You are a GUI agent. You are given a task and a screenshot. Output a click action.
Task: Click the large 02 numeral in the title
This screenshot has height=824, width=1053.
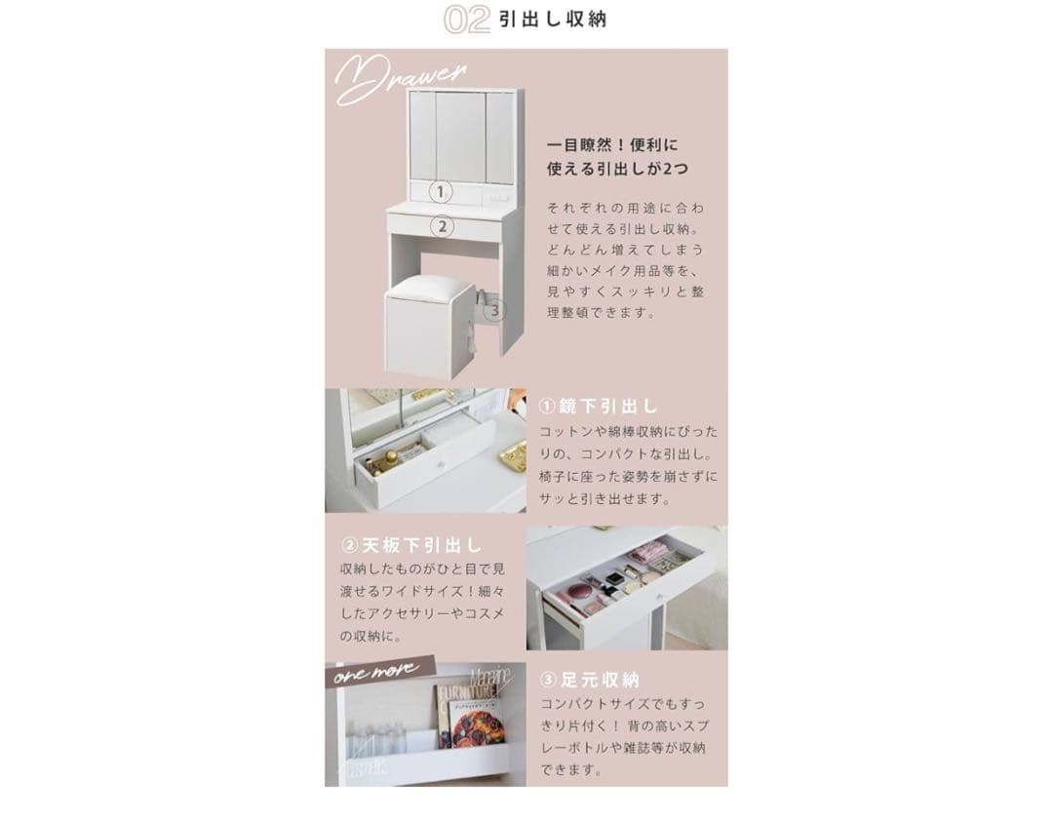[466, 20]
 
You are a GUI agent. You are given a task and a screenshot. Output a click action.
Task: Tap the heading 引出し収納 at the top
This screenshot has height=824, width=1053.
[552, 20]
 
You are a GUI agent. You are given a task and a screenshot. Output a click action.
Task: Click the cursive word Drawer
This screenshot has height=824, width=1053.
[401, 80]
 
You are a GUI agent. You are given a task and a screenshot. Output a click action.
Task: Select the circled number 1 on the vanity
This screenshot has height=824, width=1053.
[441, 192]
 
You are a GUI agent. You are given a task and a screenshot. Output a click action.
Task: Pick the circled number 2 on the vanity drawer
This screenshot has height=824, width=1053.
[442, 226]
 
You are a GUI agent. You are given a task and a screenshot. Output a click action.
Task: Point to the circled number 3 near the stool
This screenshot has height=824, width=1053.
[494, 310]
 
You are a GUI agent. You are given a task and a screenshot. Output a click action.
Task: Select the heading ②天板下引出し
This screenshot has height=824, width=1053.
[410, 544]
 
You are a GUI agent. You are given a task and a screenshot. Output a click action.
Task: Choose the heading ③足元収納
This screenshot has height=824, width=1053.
[589, 680]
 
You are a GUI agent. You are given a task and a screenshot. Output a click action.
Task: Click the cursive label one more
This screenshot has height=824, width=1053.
[376, 672]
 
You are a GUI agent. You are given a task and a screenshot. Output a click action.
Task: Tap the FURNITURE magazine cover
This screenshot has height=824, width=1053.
[468, 717]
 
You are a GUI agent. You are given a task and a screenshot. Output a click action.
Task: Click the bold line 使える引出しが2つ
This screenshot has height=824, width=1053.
[616, 169]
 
